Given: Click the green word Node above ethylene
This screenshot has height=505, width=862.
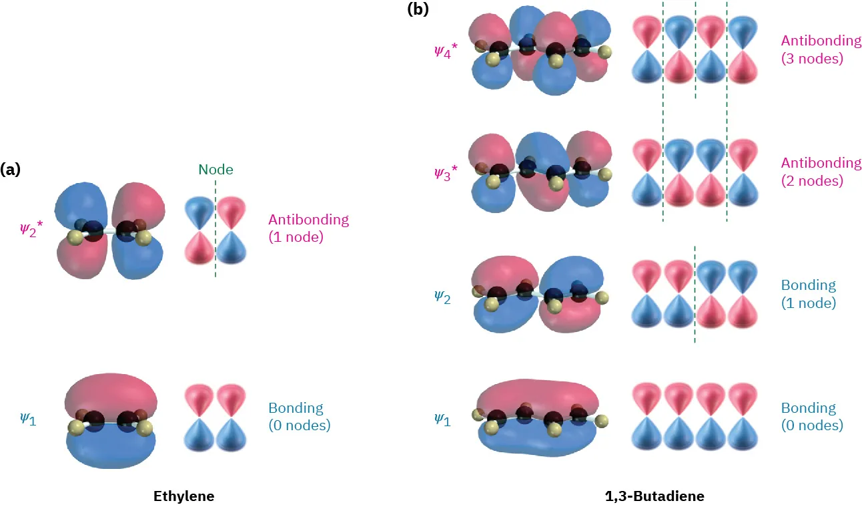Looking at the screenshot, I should (215, 170).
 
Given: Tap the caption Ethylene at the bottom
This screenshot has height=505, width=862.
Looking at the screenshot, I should (183, 496).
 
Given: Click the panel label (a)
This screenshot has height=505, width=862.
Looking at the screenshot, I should (10, 170).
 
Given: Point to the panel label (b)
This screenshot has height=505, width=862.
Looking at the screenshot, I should (418, 9).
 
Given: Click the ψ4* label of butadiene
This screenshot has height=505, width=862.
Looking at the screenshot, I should (445, 49).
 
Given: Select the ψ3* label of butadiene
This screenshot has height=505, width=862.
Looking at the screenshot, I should (445, 172).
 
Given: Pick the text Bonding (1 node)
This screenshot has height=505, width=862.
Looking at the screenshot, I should (809, 293).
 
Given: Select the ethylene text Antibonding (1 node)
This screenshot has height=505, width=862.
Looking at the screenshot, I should (308, 228).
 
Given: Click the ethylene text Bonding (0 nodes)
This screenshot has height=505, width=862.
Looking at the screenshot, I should (299, 415).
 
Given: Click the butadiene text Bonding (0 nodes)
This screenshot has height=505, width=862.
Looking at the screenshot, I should (811, 415).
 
